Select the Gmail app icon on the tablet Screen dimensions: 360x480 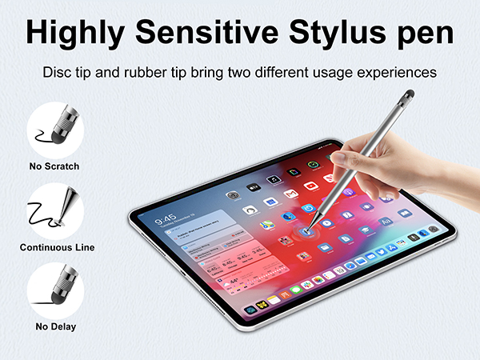[290, 194]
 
